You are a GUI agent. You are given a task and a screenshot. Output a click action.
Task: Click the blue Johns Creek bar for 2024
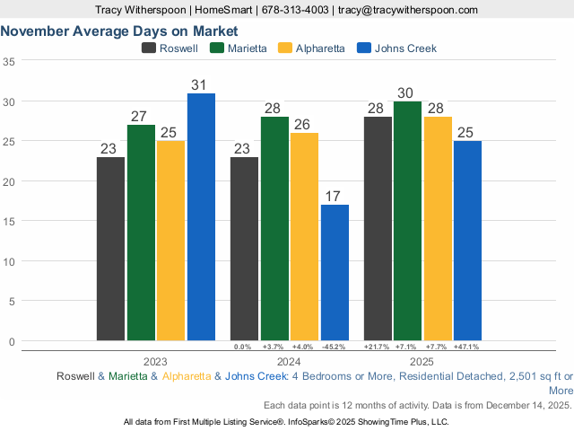pyautogui.click(x=335, y=272)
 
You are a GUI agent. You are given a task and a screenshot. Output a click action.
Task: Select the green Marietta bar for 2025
pyautogui.click(x=407, y=221)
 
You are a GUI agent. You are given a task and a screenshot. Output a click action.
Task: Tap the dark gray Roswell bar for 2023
pyautogui.click(x=110, y=249)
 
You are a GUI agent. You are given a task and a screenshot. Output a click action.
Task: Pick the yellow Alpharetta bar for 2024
pyautogui.click(x=304, y=236)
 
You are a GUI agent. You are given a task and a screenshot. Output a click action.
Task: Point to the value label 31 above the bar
pyautogui.click(x=199, y=85)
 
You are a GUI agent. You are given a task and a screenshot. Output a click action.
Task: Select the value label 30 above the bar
pyautogui.click(x=405, y=93)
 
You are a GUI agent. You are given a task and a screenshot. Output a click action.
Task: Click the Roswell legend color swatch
pyautogui.click(x=149, y=48)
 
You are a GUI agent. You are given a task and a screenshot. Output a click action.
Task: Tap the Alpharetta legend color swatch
pyautogui.click(x=287, y=48)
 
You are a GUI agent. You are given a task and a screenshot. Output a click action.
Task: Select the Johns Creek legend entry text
pyautogui.click(x=406, y=48)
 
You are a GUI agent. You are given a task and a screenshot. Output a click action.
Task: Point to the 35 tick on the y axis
pyautogui.click(x=9, y=62)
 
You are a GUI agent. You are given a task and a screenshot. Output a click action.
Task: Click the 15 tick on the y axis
pyautogui.click(x=9, y=221)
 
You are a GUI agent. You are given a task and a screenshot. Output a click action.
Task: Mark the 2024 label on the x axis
pyautogui.click(x=289, y=361)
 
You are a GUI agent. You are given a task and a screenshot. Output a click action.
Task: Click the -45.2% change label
pyautogui.click(x=334, y=347)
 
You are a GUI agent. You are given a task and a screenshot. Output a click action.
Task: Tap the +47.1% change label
pyautogui.click(x=466, y=347)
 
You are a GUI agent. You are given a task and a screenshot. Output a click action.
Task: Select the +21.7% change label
pyautogui.click(x=376, y=347)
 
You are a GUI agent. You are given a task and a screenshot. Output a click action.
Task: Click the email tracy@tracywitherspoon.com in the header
pyautogui.click(x=407, y=9)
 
